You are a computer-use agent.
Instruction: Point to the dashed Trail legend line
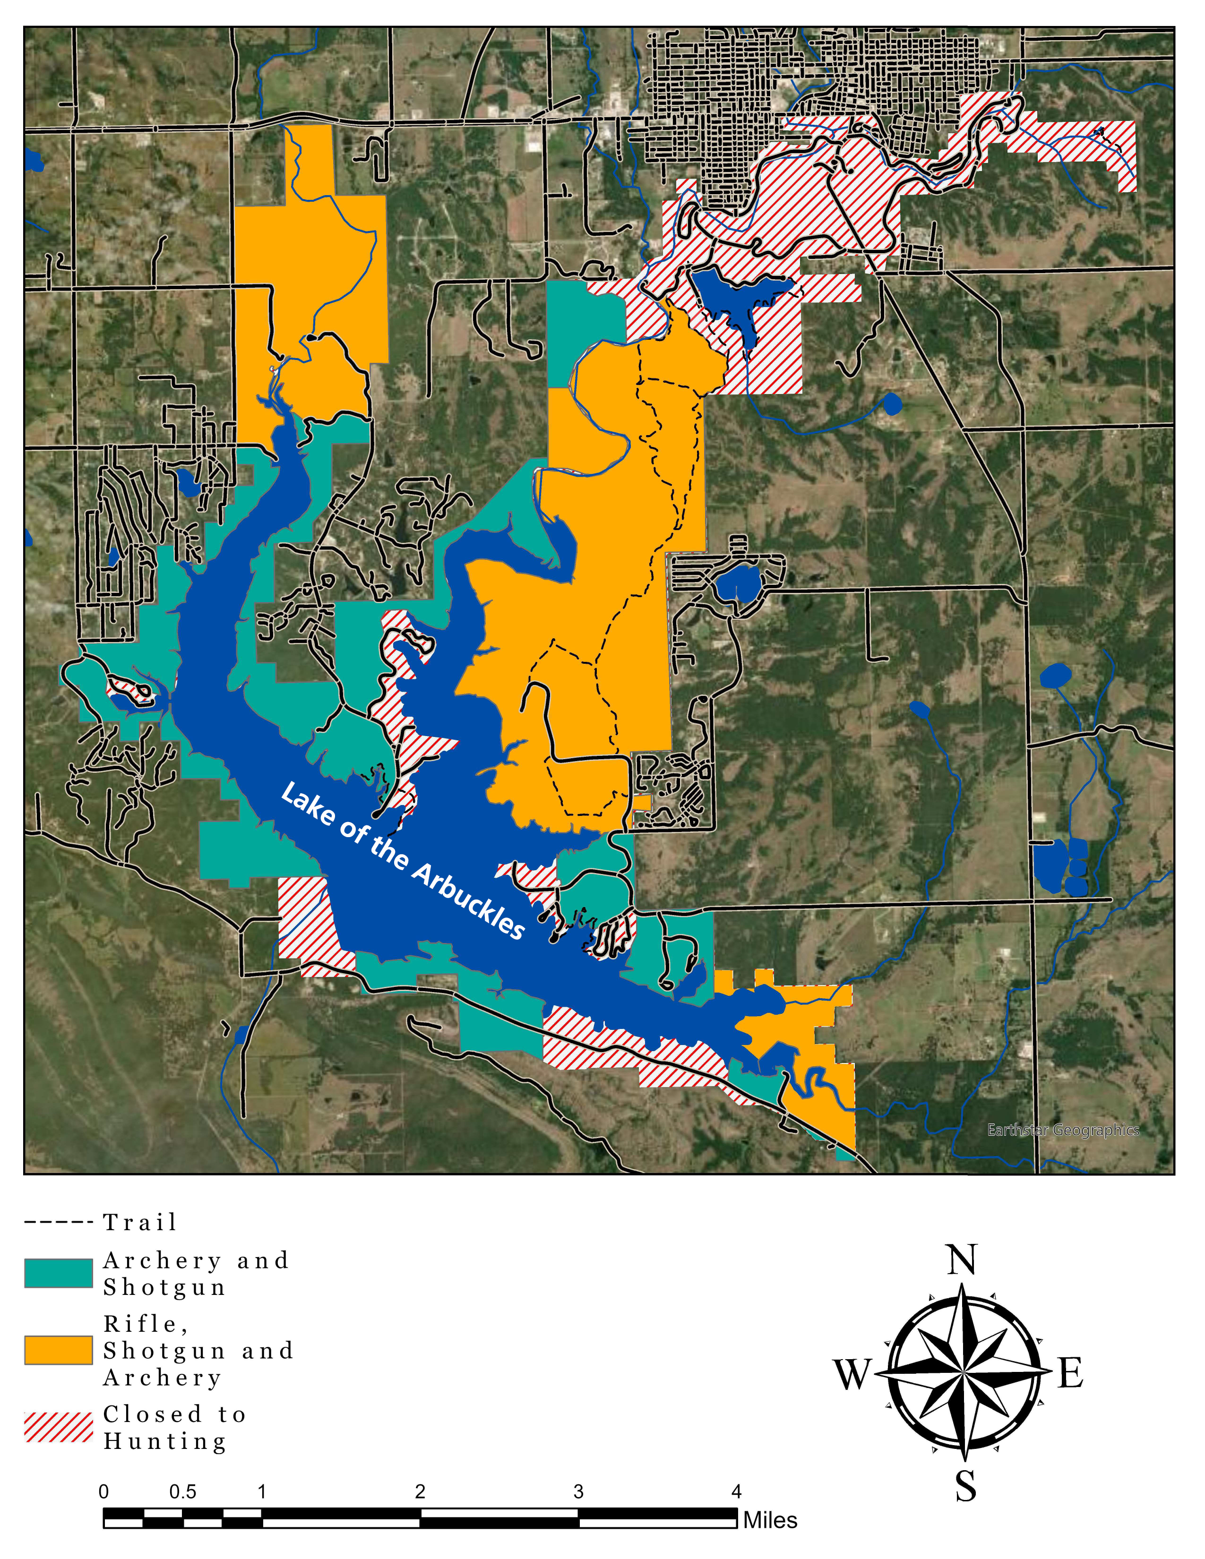coord(59,1222)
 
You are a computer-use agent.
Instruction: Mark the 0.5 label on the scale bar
coord(183,1492)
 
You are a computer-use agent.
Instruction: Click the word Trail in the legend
coord(140,1222)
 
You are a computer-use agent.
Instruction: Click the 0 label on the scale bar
coord(104,1492)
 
